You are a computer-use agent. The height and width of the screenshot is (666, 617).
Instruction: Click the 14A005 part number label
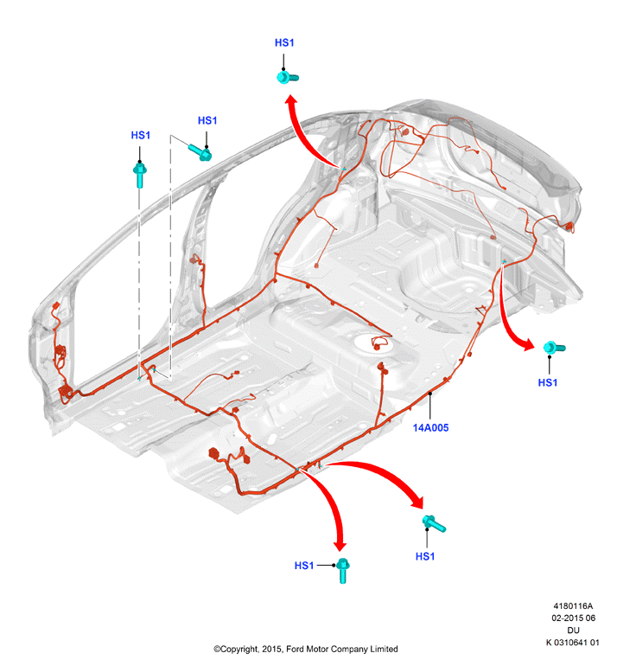pos(430,428)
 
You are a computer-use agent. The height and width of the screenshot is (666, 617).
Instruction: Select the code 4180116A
pos(573,606)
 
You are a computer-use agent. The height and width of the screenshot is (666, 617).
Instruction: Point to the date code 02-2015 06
pos(573,618)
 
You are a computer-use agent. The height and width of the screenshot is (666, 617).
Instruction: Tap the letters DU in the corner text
pos(573,630)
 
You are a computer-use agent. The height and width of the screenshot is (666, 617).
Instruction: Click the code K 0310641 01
pos(572,642)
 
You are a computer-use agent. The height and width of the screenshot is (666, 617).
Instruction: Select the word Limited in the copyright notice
pos(383,649)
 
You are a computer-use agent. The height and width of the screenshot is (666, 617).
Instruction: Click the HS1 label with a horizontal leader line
pos(304,566)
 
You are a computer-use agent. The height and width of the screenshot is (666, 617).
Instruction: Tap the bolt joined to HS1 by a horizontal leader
pos(342,571)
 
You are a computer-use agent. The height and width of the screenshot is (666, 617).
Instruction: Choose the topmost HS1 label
pos(284,42)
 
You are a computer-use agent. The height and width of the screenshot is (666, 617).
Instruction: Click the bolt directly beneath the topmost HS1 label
pos(287,77)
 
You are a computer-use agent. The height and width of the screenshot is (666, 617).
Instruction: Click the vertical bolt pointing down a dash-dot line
pos(140,175)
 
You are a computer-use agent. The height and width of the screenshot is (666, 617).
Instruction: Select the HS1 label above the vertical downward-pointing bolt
pos(141,135)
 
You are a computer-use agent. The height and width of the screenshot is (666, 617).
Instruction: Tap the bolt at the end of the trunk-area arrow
pos(554,348)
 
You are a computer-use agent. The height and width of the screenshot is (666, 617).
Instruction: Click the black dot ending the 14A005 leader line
pos(430,394)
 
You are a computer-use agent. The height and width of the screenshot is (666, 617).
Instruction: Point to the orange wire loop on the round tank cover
pos(379,342)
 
